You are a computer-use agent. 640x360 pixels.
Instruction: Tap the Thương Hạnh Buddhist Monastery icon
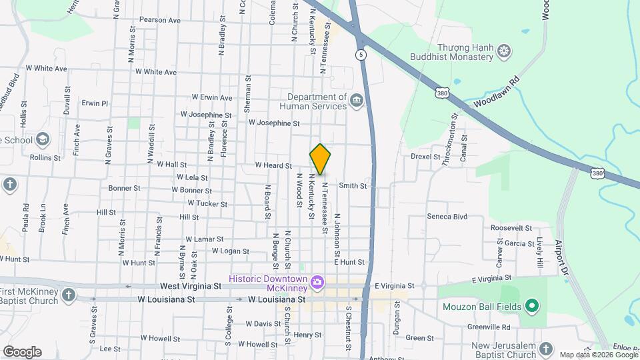505,51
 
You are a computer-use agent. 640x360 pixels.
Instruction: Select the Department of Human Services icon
357,101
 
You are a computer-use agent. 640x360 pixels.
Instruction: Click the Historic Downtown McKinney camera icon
317,283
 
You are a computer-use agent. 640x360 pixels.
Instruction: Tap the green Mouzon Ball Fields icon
531,307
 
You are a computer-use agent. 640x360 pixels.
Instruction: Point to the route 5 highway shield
360,56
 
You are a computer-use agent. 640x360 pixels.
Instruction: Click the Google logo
22,352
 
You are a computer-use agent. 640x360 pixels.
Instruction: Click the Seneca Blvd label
447,217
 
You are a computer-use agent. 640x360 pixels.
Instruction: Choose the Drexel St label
425,157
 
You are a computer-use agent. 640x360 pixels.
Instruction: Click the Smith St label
353,186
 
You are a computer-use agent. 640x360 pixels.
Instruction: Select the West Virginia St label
190,286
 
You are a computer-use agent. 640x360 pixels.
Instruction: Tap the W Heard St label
273,165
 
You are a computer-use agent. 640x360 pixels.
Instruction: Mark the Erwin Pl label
95,103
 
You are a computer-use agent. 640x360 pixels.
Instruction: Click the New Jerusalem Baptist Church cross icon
545,349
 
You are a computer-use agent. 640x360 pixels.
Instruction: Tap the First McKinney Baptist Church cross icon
68,293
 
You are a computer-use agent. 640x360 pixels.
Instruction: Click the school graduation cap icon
43,139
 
